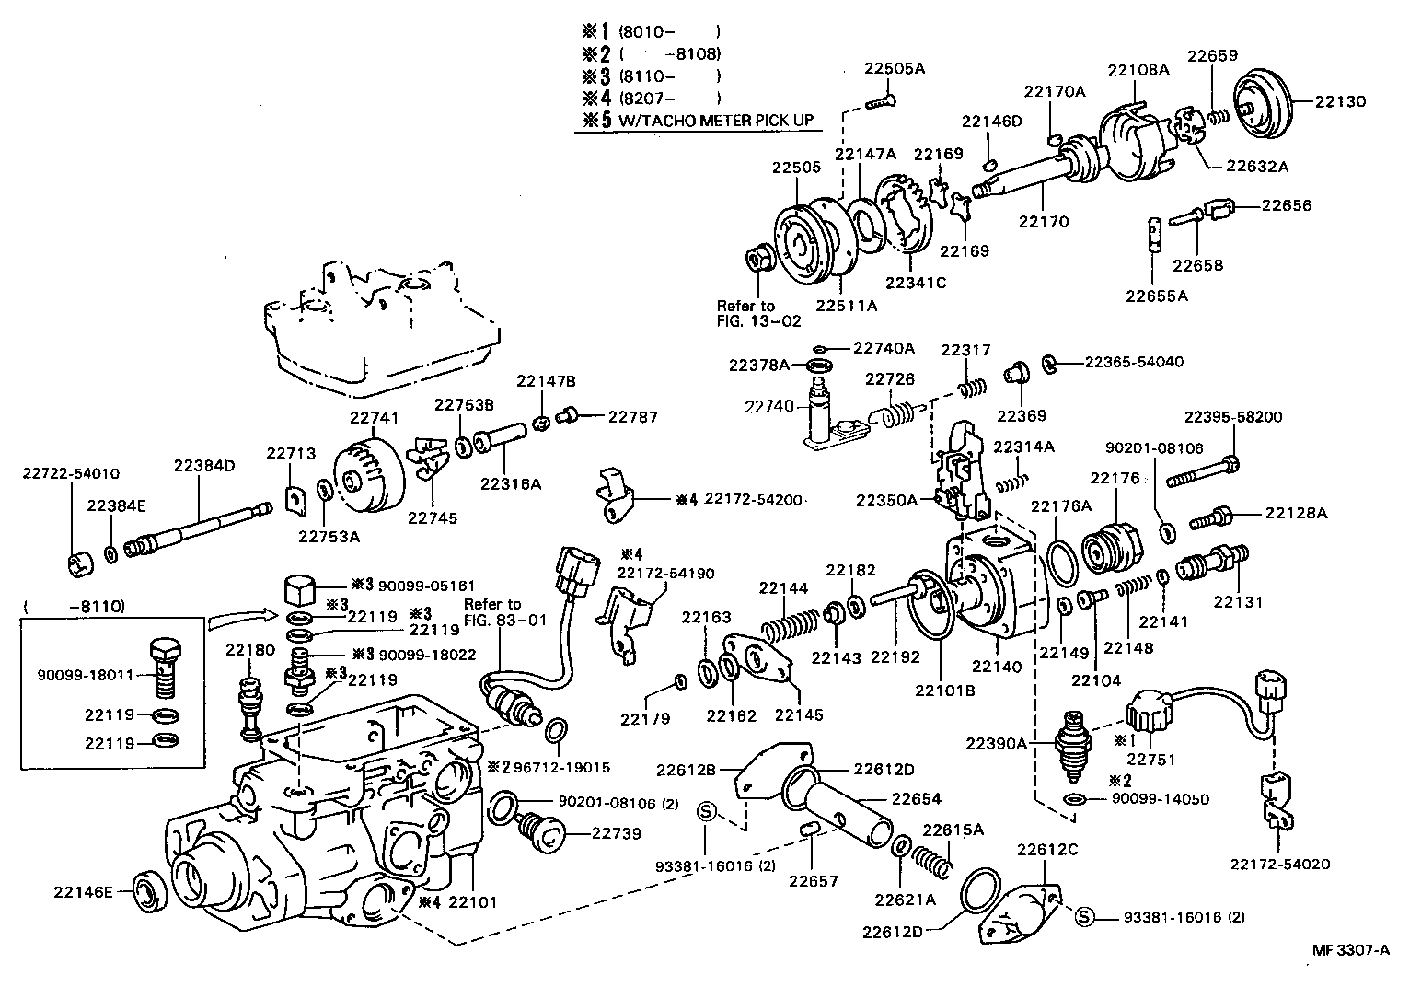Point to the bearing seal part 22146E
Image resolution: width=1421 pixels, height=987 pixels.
(152, 892)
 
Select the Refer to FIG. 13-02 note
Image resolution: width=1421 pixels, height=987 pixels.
(758, 313)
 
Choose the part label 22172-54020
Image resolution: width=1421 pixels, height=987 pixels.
(1279, 864)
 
